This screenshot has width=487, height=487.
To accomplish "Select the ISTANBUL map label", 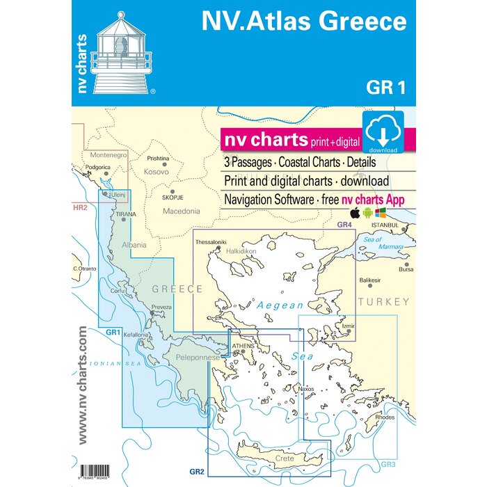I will point(388,225).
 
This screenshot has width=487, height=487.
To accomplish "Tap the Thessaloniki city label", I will point(211,242).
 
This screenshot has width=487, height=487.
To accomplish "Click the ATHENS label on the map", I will point(243,345).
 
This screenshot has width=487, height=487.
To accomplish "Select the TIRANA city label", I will point(126,214).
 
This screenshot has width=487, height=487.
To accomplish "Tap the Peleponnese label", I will point(197,357).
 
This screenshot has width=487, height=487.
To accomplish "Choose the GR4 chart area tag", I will point(344,225).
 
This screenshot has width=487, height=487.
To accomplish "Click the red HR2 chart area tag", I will point(79,207).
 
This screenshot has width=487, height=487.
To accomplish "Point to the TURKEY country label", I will point(383,302).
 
